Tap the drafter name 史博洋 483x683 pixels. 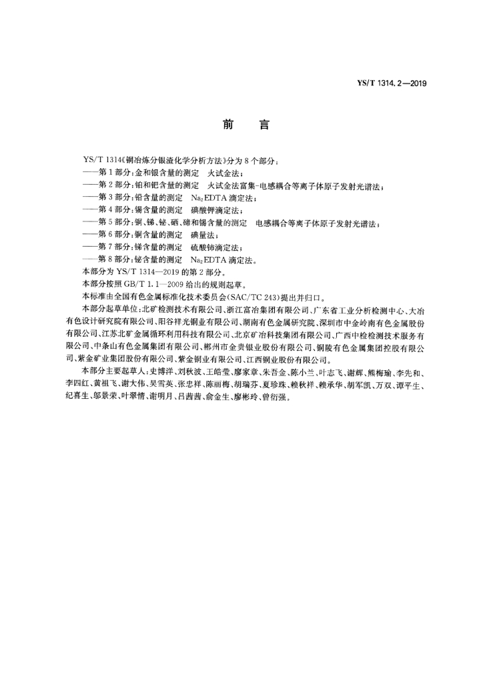pos(159,372)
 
